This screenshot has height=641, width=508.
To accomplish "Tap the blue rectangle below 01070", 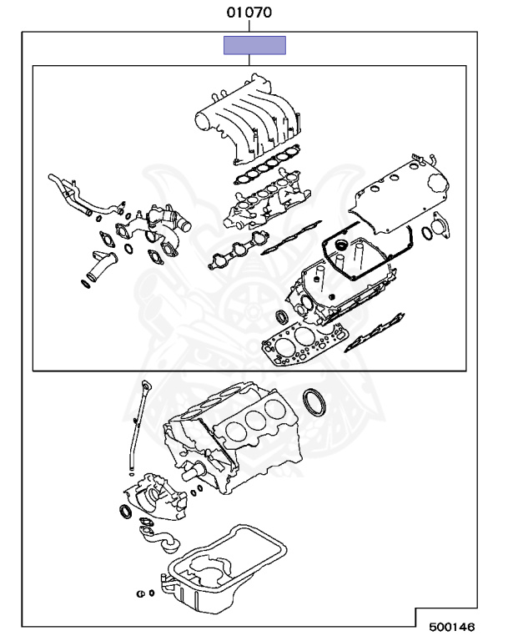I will click(x=254, y=45).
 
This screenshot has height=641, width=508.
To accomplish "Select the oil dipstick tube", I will click(x=135, y=434).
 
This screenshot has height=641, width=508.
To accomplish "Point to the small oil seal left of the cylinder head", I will click(x=281, y=317).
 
